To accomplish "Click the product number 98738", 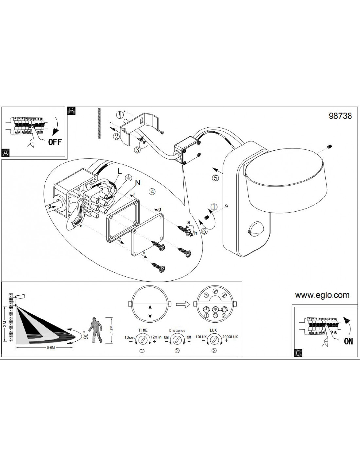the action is click(340, 116).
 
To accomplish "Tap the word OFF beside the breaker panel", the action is click(55, 142).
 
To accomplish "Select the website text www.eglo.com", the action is click(322, 295).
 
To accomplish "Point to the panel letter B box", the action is click(71, 111).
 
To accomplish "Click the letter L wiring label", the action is click(120, 171).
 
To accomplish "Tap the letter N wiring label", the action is click(138, 182).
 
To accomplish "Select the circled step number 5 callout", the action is click(216, 178).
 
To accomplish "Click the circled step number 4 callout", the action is click(152, 192).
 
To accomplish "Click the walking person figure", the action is click(96, 330).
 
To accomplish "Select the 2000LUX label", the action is click(230, 337).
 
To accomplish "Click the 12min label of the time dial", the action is click(156, 337).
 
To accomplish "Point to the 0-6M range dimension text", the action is click(51, 348).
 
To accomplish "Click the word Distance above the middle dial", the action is click(177, 330).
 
